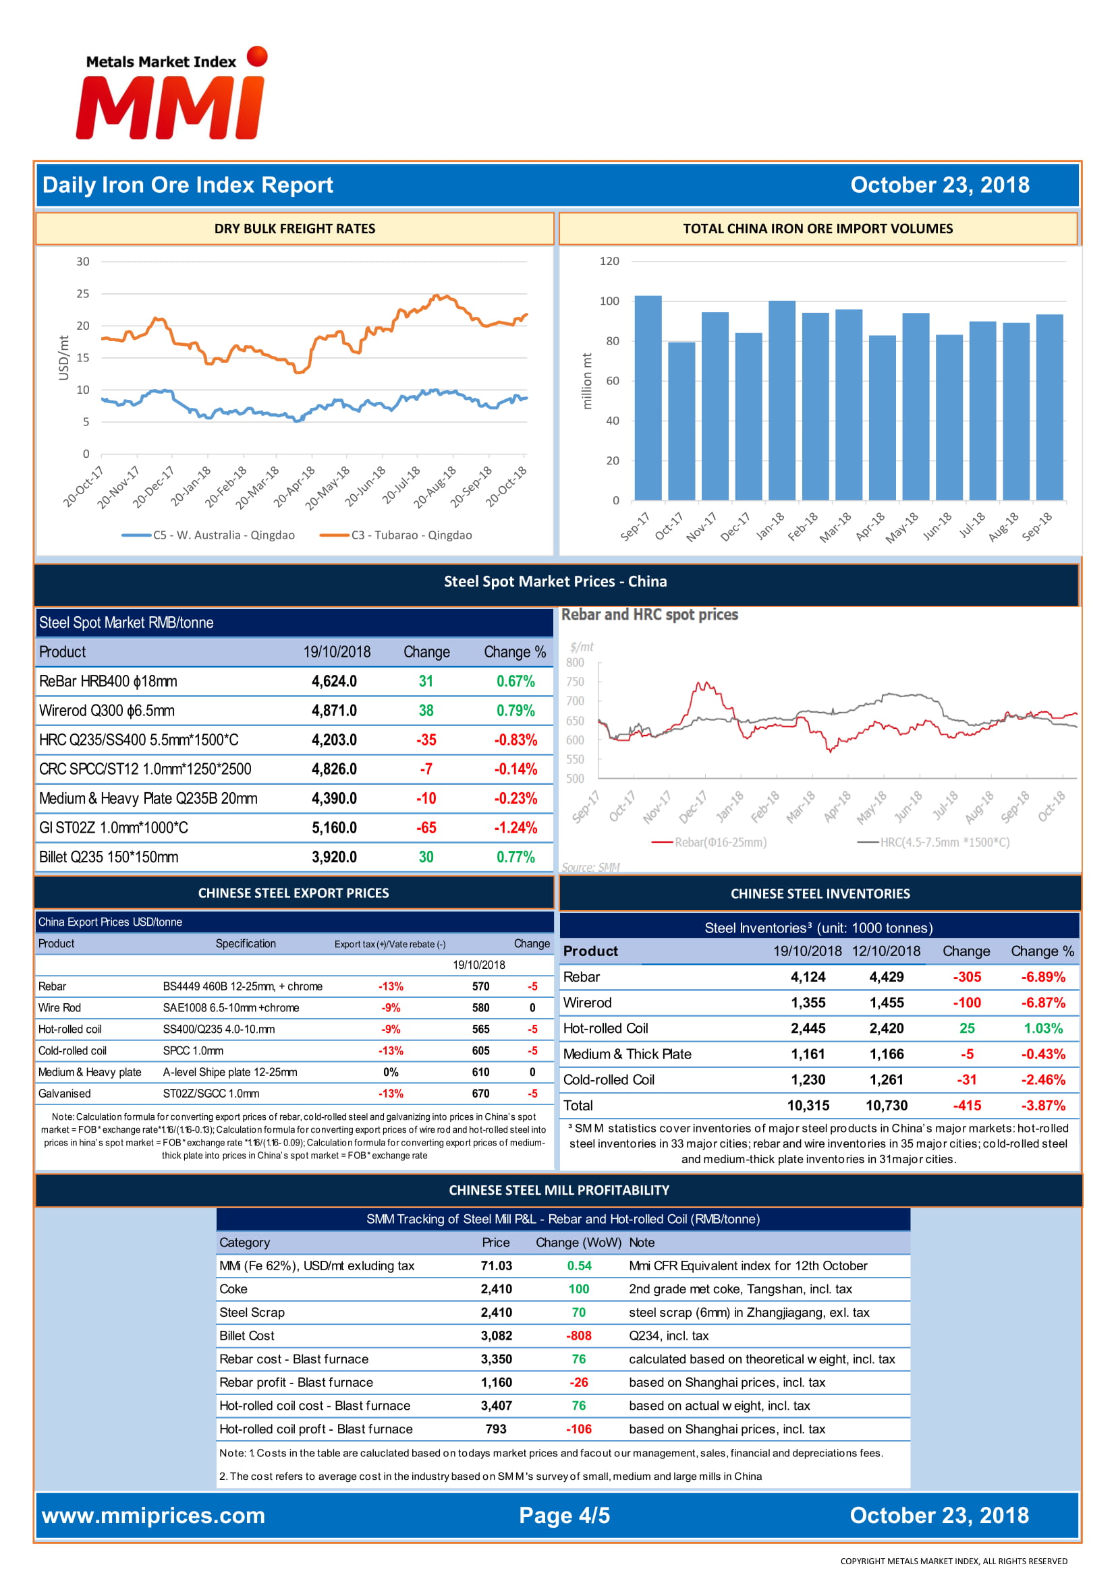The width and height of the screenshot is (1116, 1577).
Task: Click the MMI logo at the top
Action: (171, 94)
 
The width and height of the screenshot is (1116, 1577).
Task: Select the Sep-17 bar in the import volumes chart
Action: (647, 398)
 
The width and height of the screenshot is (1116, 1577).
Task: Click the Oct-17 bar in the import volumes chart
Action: (681, 421)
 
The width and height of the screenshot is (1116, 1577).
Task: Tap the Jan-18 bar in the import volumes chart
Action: (781, 400)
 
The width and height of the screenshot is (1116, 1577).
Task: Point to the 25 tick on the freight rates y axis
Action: (82, 293)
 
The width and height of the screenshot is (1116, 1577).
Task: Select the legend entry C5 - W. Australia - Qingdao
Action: (208, 535)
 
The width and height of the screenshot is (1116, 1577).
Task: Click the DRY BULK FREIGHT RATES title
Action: (295, 229)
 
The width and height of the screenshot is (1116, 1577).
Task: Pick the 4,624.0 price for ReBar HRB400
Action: (334, 682)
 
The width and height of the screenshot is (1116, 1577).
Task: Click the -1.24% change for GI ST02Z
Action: (515, 828)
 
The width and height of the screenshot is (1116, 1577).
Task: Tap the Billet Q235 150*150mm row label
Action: (109, 857)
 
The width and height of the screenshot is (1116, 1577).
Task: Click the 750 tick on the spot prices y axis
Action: (575, 682)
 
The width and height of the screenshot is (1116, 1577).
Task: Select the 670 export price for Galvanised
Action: (480, 1094)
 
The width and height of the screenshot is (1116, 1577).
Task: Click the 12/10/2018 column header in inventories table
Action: (886, 951)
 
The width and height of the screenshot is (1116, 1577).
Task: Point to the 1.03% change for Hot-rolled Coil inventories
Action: (1043, 1028)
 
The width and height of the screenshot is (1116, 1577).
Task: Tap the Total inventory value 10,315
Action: (808, 1106)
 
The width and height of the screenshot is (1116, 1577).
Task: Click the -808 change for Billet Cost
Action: (579, 1336)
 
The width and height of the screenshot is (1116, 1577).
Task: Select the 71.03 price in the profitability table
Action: (496, 1266)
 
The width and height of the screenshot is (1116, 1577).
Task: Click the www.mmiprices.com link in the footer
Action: (153, 1516)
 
